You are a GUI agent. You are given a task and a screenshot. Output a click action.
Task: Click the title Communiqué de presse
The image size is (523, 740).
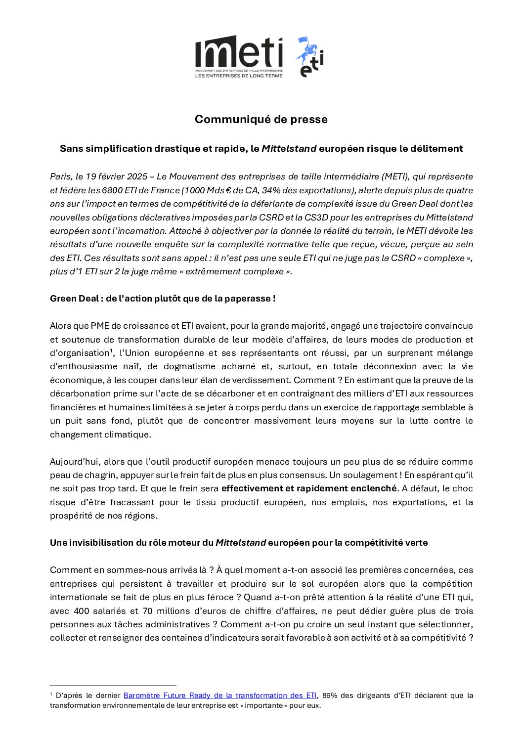pos(261,119)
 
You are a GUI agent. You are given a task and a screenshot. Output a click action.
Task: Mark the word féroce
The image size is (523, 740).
pos(223,597)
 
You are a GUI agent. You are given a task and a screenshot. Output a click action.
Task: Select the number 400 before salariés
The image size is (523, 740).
pos(81,611)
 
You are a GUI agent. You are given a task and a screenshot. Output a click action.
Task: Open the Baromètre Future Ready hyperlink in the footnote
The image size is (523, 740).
pos(219,695)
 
